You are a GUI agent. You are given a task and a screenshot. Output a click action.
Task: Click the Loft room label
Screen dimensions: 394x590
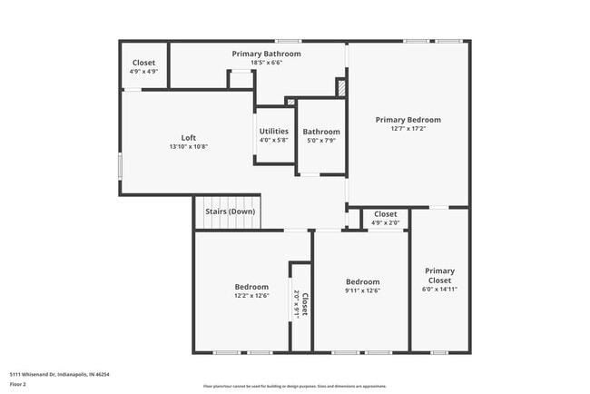[x=188, y=138]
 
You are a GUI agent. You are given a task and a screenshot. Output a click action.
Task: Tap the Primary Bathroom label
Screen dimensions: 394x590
[x=266, y=54]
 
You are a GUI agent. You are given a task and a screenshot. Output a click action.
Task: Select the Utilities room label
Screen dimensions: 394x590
[x=273, y=132]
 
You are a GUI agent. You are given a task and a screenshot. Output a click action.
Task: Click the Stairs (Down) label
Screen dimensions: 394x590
[x=230, y=212]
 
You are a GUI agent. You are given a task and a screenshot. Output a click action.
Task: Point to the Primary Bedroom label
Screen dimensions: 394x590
[x=408, y=120]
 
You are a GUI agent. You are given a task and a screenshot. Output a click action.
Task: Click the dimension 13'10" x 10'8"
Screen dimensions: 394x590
[x=188, y=147]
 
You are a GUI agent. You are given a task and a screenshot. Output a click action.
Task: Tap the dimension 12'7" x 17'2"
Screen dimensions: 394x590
[x=408, y=129]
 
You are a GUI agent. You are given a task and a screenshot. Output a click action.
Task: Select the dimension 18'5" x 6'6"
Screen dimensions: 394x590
[x=266, y=63]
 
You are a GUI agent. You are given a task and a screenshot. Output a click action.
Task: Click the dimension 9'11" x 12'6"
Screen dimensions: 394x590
[x=361, y=291]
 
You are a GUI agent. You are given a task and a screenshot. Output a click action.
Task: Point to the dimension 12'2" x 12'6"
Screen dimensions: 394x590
[x=251, y=295]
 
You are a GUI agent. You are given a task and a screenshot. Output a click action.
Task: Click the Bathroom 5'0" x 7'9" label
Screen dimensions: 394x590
[x=321, y=135]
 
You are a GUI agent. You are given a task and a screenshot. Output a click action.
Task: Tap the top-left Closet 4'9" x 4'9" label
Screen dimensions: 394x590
[x=144, y=66]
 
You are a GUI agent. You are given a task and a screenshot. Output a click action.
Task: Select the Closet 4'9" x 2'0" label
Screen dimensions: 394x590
[x=385, y=218]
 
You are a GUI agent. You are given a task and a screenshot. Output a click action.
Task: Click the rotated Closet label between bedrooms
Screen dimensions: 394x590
[x=303, y=304]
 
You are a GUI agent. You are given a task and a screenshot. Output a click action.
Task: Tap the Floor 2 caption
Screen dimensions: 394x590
[x=19, y=384]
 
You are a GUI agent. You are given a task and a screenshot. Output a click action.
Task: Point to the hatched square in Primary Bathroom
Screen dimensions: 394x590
[x=341, y=87]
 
